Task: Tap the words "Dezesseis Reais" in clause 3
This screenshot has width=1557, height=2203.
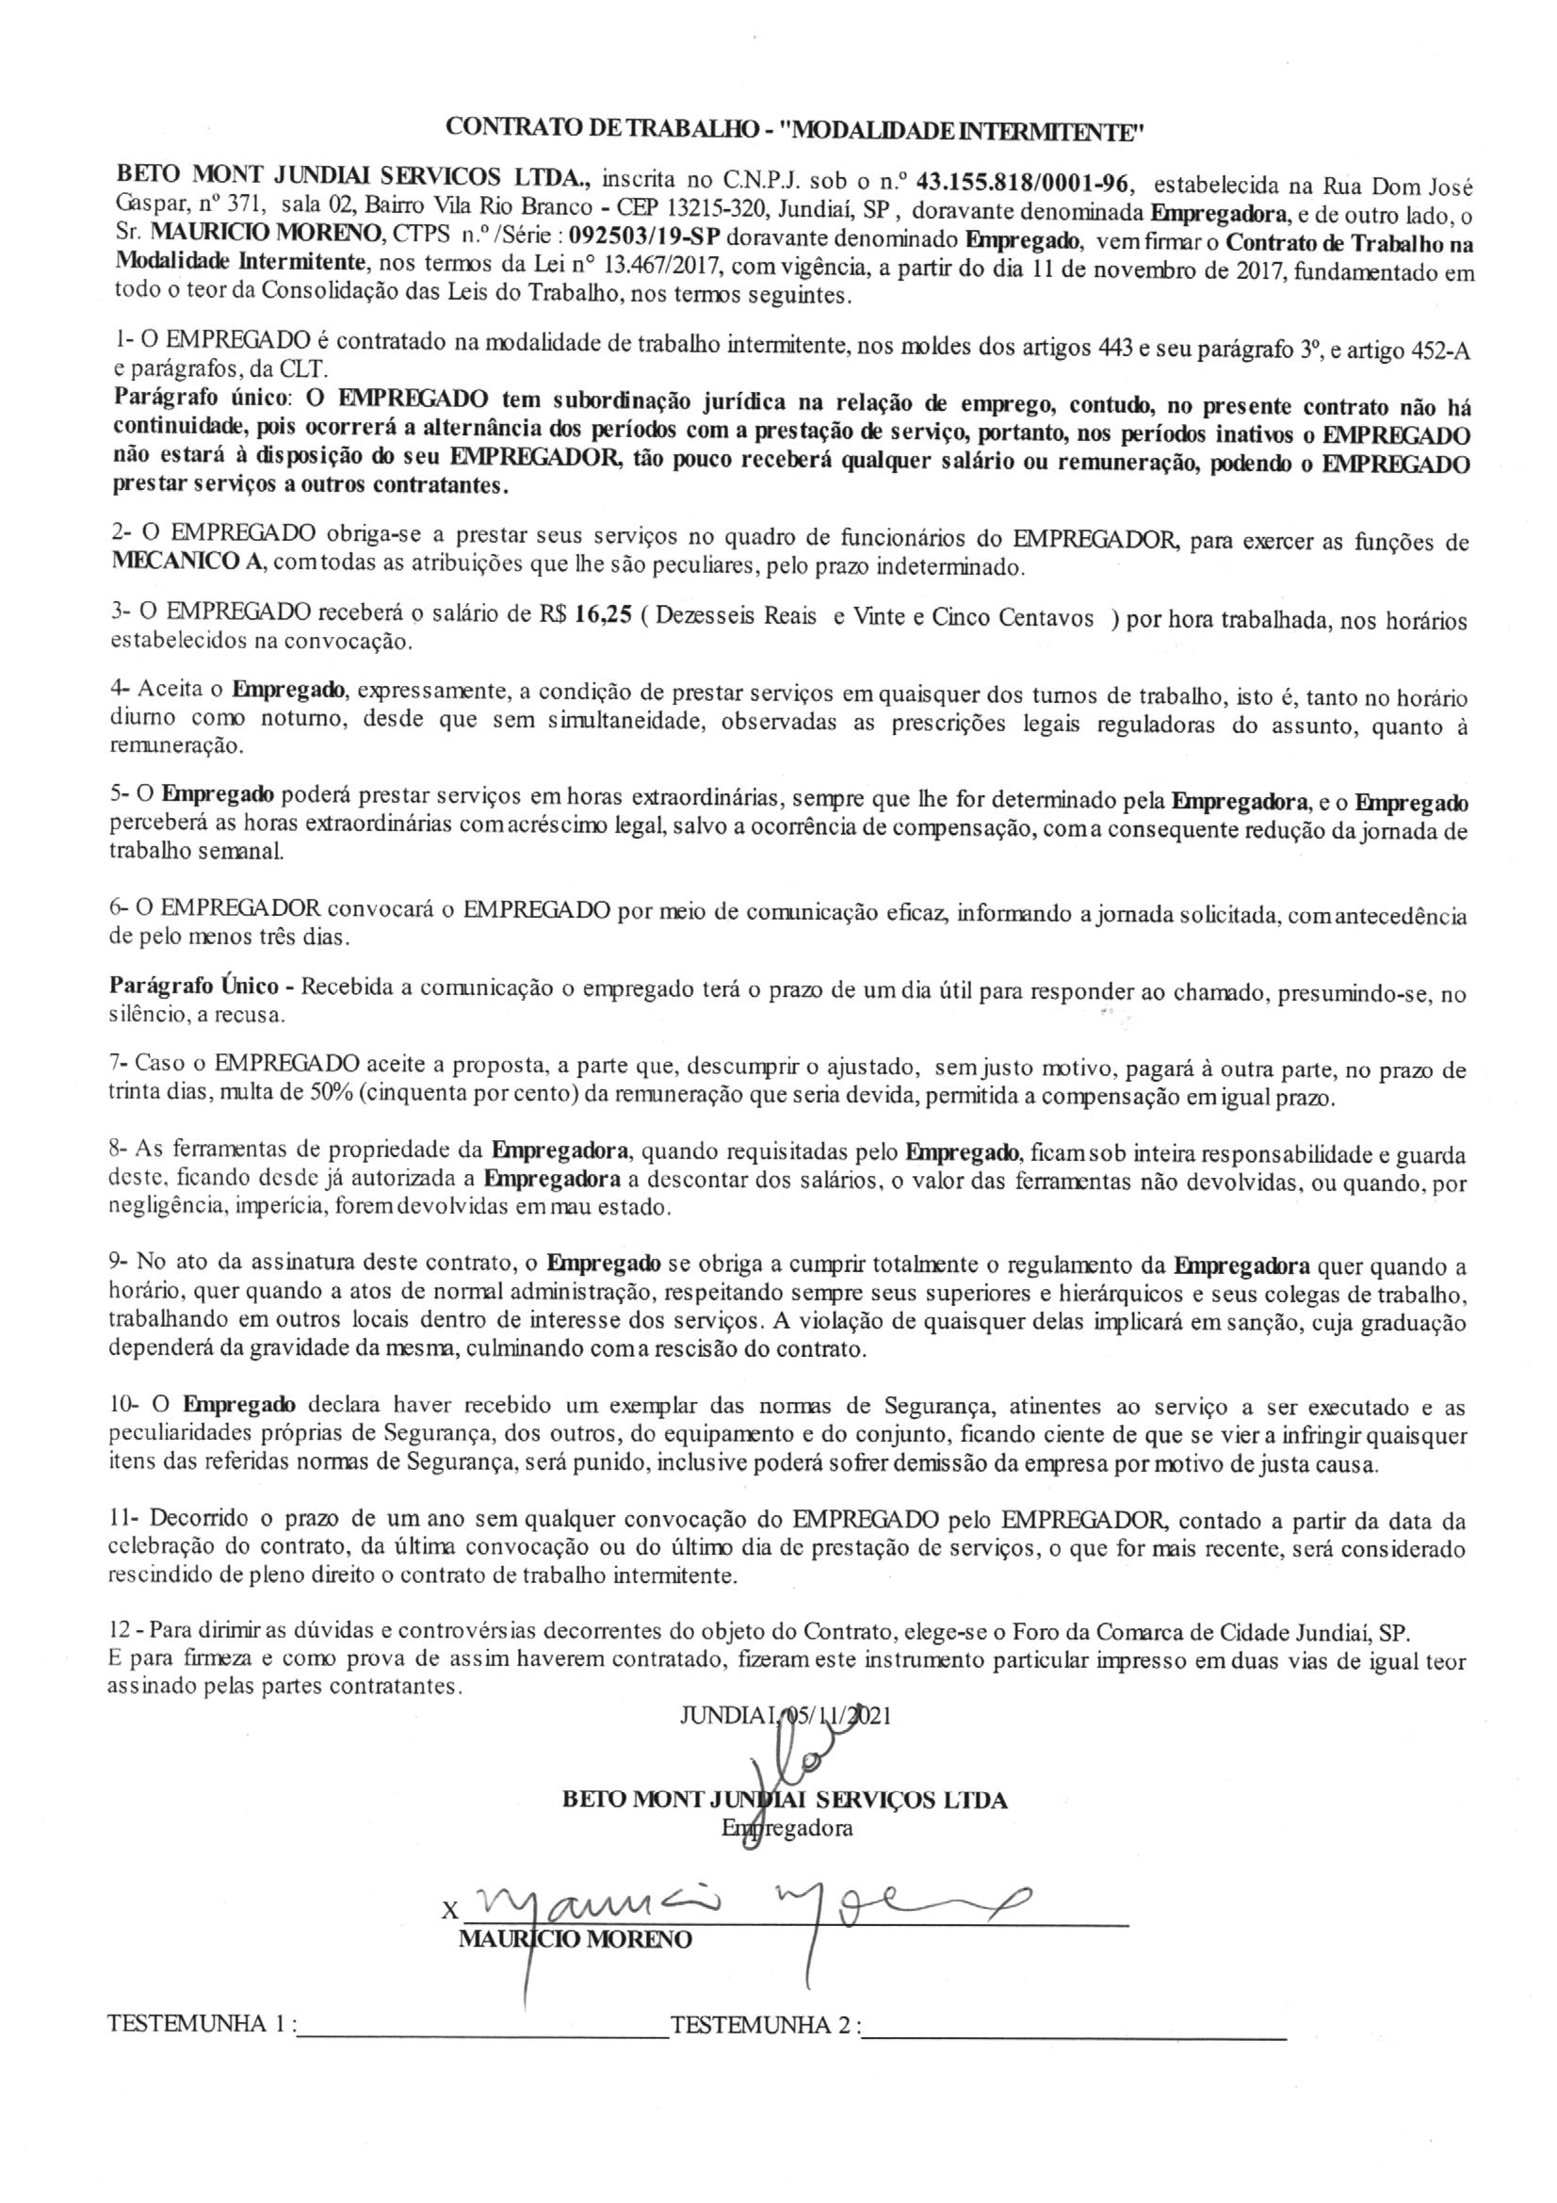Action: click(736, 617)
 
